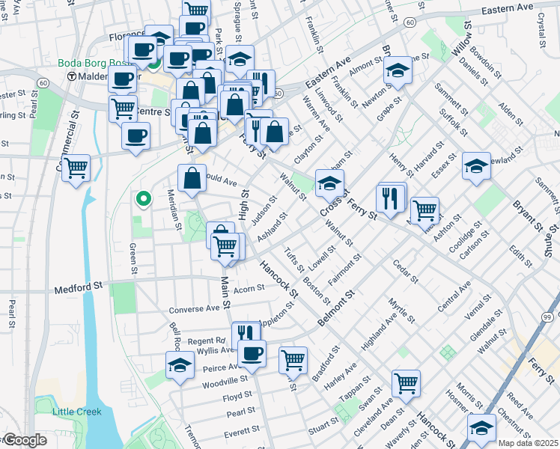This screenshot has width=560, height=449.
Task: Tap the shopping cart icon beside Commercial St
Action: (76, 167)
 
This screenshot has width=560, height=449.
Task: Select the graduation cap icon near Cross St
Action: (329, 182)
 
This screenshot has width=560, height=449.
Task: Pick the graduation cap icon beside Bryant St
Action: (476, 166)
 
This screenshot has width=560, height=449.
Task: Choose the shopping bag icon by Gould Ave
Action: (192, 178)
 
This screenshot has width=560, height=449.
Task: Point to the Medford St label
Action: (78, 287)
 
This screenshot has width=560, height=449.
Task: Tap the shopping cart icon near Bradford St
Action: (293, 360)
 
